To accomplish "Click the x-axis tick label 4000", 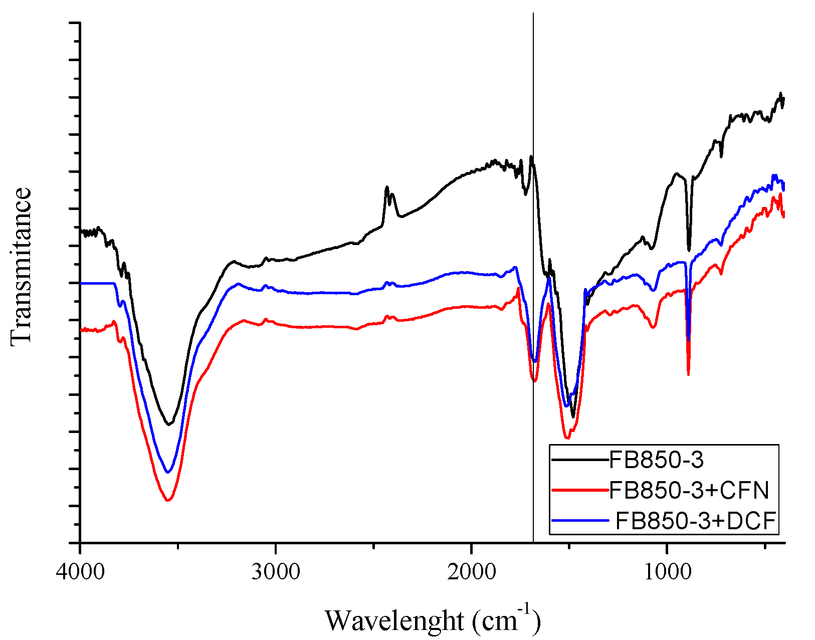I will point(80,572).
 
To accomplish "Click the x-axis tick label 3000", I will point(275,572).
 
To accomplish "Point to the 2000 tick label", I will point(471,572).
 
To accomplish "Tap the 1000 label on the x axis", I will point(667,572).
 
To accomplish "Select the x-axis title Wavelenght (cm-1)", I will point(433,620).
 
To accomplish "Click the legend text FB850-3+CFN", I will point(689,491).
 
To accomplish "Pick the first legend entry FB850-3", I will point(656,460).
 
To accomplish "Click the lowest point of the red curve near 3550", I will point(168,500).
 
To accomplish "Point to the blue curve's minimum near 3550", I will point(168,472).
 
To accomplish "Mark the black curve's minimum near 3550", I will point(169,424).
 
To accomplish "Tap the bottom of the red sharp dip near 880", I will point(688,374).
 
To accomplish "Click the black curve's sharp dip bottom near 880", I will point(689,250).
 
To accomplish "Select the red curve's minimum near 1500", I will point(567,438).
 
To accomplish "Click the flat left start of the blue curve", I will point(98,283).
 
